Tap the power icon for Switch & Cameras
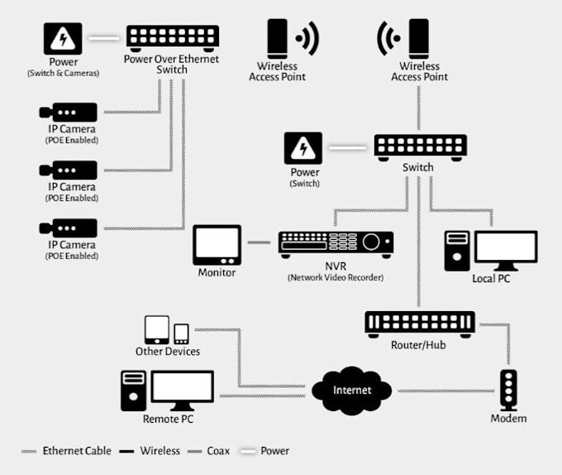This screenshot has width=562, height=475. click(x=64, y=38)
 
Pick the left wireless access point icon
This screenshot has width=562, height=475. click(x=278, y=38)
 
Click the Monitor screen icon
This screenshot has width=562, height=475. click(x=217, y=245)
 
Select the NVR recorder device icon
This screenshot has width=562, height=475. click(x=336, y=242)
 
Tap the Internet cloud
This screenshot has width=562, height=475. click(x=352, y=390)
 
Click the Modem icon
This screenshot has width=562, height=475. click(x=508, y=388)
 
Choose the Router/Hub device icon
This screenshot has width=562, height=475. click(x=420, y=323)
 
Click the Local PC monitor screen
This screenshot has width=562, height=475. click(x=504, y=249)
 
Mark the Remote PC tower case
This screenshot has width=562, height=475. click(x=132, y=391)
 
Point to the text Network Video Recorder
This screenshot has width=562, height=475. click(x=336, y=278)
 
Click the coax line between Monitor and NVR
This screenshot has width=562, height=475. click(x=260, y=243)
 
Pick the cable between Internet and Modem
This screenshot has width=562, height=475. click(x=446, y=391)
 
